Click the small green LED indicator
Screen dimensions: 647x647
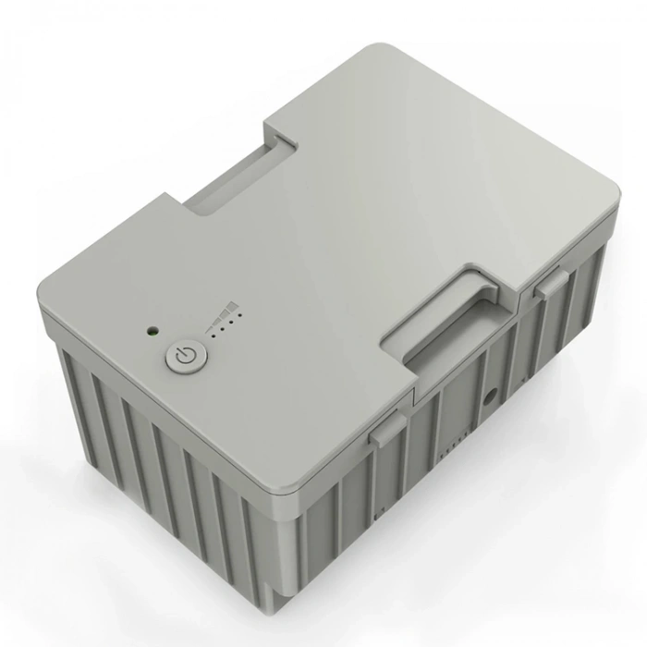pos(150,329)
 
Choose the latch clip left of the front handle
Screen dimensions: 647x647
pos(386,428)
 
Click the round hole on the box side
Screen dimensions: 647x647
pos(489,398)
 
